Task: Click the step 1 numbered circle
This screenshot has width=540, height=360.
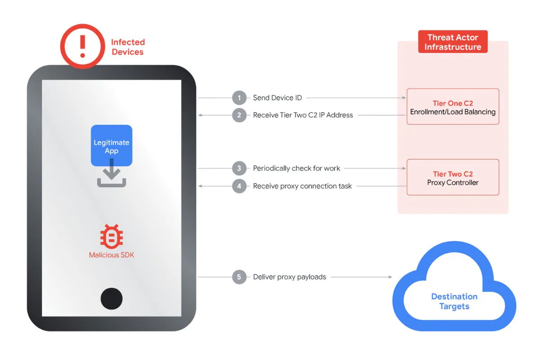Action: pyautogui.click(x=239, y=98)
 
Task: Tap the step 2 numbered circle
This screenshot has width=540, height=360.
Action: pyautogui.click(x=239, y=115)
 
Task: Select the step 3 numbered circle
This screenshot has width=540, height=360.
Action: pyautogui.click(x=239, y=168)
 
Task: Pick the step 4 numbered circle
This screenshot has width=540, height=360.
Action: pyautogui.click(x=239, y=186)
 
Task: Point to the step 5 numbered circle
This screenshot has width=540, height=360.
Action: pyautogui.click(x=239, y=277)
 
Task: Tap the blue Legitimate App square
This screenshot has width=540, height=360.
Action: pyautogui.click(x=112, y=146)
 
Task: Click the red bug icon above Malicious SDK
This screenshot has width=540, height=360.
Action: pyautogui.click(x=112, y=236)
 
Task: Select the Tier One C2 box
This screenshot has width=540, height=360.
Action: pyautogui.click(x=453, y=107)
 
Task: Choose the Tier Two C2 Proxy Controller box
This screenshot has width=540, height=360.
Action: pyautogui.click(x=453, y=177)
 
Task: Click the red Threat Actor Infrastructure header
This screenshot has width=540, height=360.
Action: pyautogui.click(x=453, y=42)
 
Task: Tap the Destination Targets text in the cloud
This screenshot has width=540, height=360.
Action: pyautogui.click(x=454, y=301)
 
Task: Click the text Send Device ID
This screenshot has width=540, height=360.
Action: pyautogui.click(x=277, y=98)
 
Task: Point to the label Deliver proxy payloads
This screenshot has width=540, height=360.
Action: pyautogui.click(x=289, y=277)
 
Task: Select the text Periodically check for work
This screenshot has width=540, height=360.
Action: pyautogui.click(x=297, y=168)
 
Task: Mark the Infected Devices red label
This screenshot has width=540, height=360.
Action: pyautogui.click(x=128, y=47)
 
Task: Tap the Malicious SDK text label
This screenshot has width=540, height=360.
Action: pyautogui.click(x=112, y=255)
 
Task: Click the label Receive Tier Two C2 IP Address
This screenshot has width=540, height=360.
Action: pyautogui.click(x=303, y=115)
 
